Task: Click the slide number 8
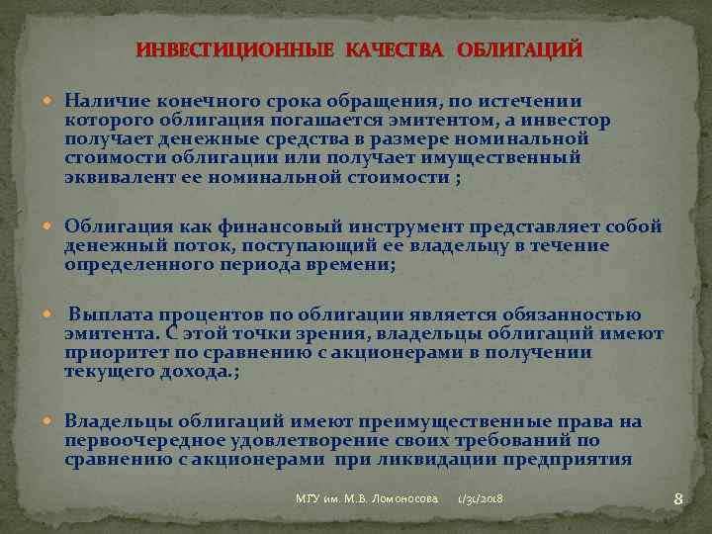678,499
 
